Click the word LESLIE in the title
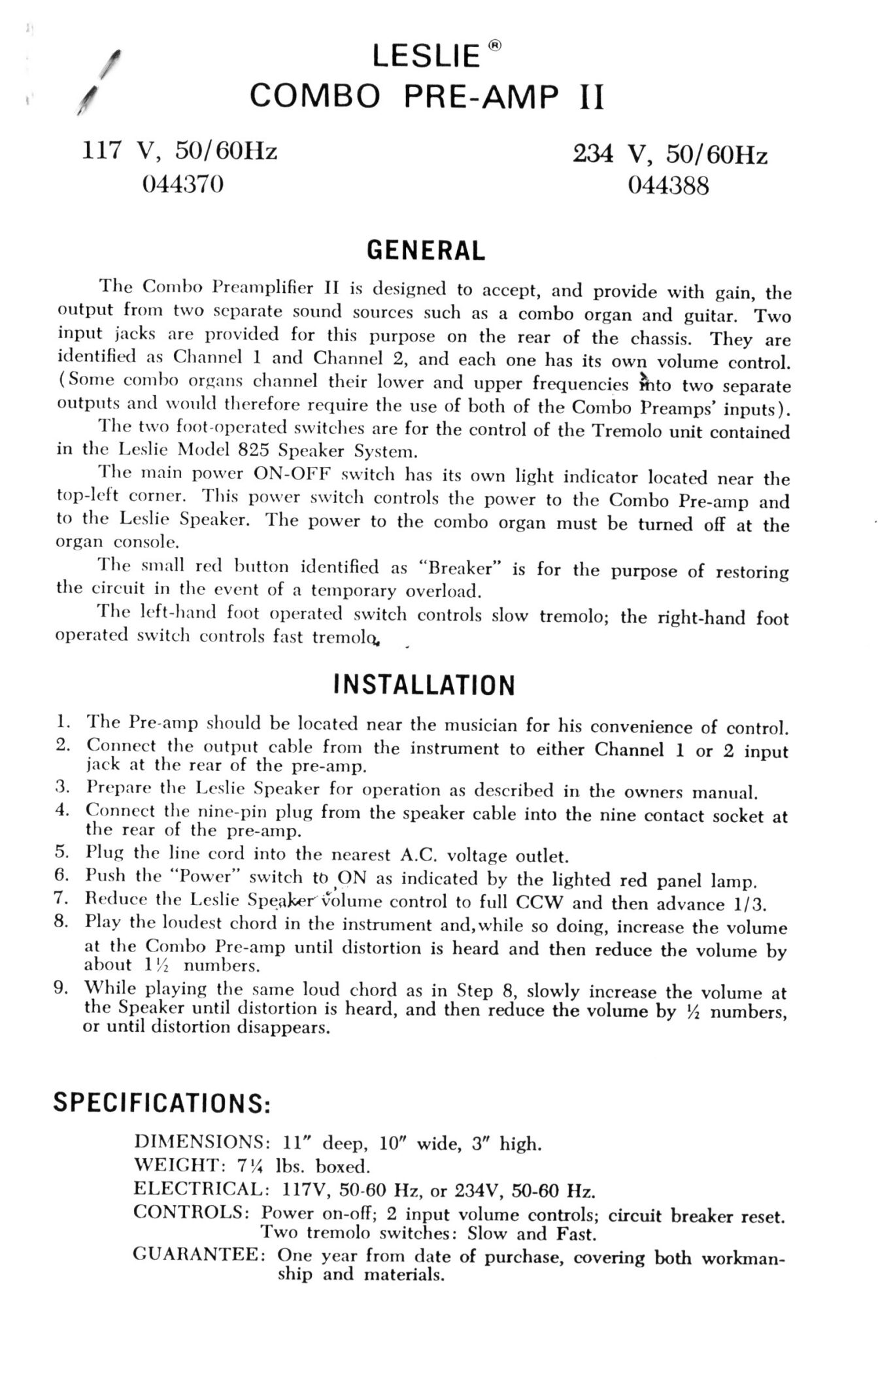pyautogui.click(x=426, y=58)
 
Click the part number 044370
pyautogui.click(x=183, y=185)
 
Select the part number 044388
pyautogui.click(x=668, y=187)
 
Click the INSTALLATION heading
pyautogui.click(x=424, y=685)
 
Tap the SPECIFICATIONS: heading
pyautogui.click(x=161, y=1103)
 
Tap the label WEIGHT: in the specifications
pyautogui.click(x=175, y=1165)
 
